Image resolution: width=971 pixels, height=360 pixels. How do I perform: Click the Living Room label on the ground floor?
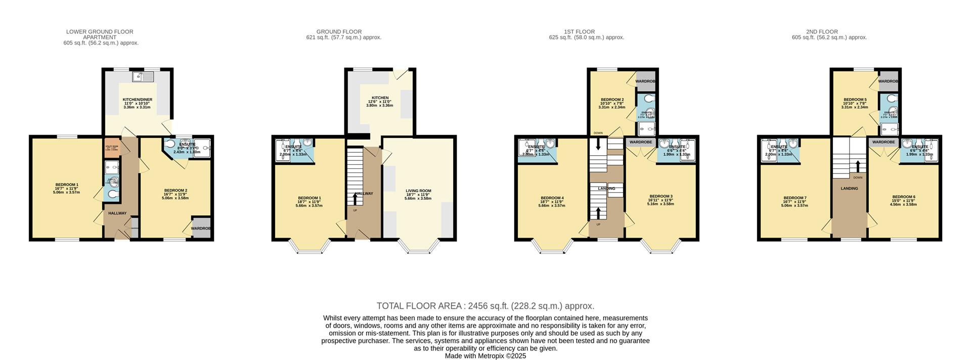pyautogui.click(x=418, y=191)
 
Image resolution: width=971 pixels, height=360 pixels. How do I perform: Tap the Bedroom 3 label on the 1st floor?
pyautogui.click(x=661, y=196)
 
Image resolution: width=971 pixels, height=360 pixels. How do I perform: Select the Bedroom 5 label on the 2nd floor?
pyautogui.click(x=855, y=100)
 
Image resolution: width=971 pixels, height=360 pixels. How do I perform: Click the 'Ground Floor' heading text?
pyautogui.click(x=339, y=32)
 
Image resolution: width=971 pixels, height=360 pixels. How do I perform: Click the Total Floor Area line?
pyautogui.click(x=485, y=306)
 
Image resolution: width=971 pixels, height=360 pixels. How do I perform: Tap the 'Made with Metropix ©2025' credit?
pyautogui.click(x=485, y=356)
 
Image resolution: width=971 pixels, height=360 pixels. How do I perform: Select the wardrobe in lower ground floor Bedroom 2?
pyautogui.click(x=201, y=228)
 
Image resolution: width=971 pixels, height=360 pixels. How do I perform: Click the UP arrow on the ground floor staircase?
pyautogui.click(x=355, y=199)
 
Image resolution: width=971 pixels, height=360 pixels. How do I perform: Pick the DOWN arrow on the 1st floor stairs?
pyautogui.click(x=599, y=144)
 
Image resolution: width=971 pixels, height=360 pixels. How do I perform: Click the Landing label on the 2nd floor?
pyautogui.click(x=849, y=189)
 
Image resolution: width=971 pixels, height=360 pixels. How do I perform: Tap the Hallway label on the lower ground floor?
pyautogui.click(x=117, y=213)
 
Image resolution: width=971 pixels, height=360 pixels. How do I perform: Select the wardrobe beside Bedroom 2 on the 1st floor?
pyautogui.click(x=645, y=81)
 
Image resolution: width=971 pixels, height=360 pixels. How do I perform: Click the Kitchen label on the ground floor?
pyautogui.click(x=380, y=98)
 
